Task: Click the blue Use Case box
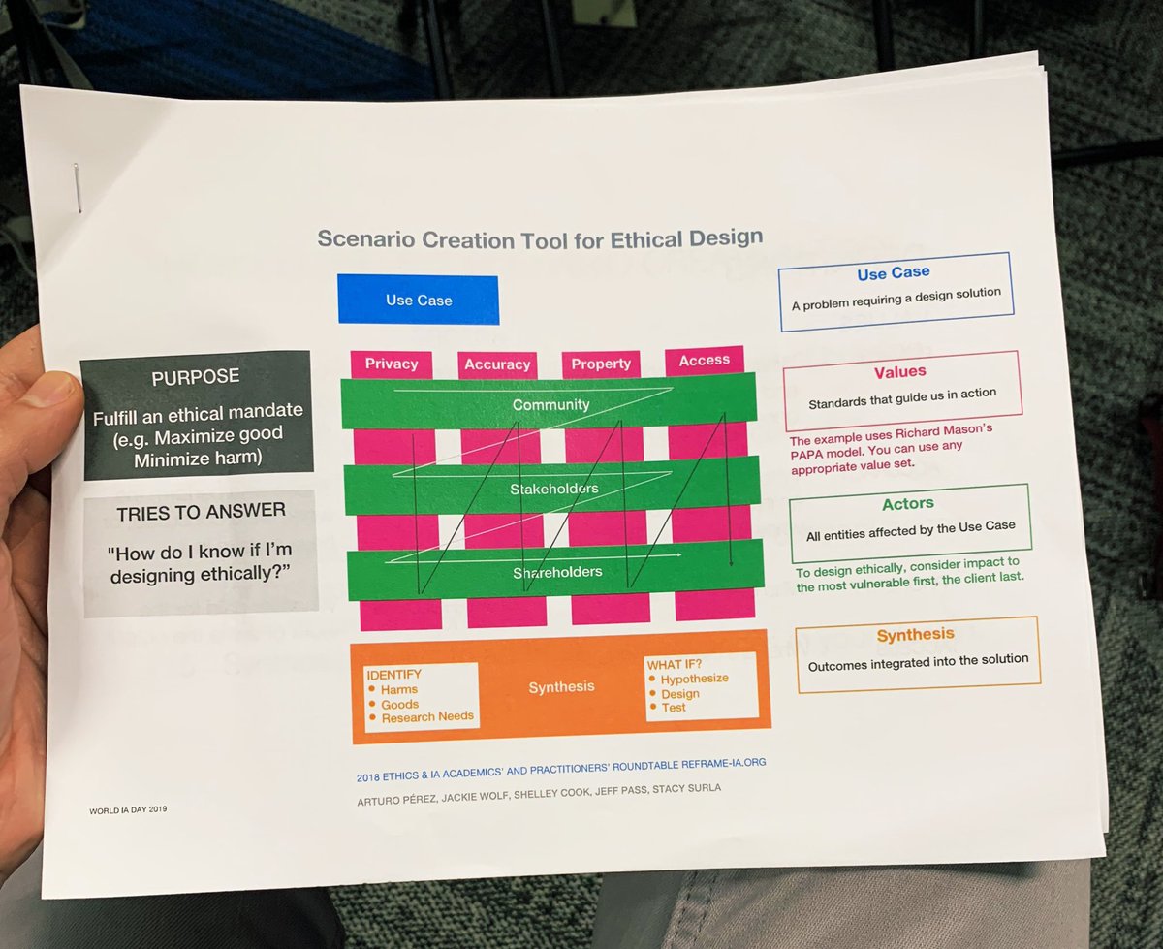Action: [x=419, y=300]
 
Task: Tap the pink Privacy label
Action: [x=392, y=364]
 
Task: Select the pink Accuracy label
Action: [x=497, y=364]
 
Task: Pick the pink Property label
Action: [x=601, y=364]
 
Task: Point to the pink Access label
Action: [x=705, y=361]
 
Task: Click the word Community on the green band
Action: [x=550, y=404]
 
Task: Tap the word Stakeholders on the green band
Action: [x=554, y=489]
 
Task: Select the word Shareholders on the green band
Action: [x=557, y=572]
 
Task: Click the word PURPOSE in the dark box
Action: [x=196, y=377]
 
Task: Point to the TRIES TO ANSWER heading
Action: [x=201, y=510]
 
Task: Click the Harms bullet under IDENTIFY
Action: [x=399, y=689]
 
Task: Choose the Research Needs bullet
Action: [x=426, y=716]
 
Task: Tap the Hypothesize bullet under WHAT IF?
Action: [x=694, y=679]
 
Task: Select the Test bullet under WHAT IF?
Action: [x=674, y=708]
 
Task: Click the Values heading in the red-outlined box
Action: [x=899, y=371]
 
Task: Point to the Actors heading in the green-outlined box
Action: [x=908, y=503]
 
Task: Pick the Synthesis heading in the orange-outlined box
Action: [x=915, y=635]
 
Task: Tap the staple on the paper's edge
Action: [x=77, y=186]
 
